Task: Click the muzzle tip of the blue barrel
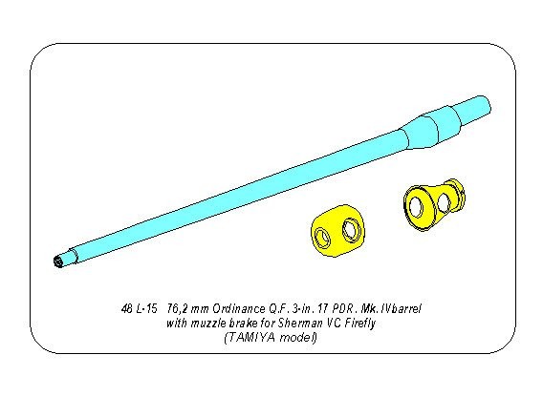[x=58, y=261]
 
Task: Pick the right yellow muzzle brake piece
[x=434, y=204]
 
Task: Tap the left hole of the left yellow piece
[x=323, y=238]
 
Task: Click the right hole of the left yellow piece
[x=351, y=229]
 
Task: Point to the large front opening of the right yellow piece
[x=415, y=206]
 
